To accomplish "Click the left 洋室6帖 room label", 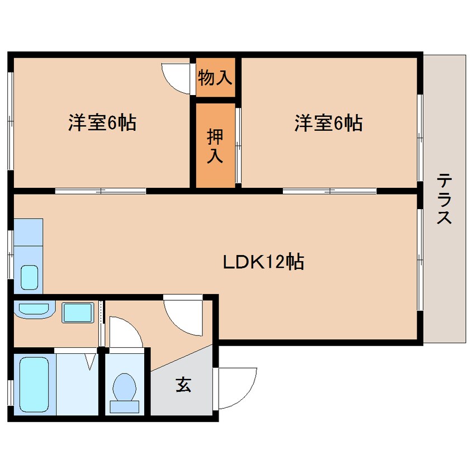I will point(102,122).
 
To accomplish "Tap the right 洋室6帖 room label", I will point(328,122).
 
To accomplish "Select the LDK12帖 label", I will point(263,261).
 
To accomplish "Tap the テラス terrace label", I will point(444,198).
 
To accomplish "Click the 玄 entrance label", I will point(183,385).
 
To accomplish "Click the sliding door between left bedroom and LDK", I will point(101,191).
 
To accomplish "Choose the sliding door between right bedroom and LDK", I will point(330,191).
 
